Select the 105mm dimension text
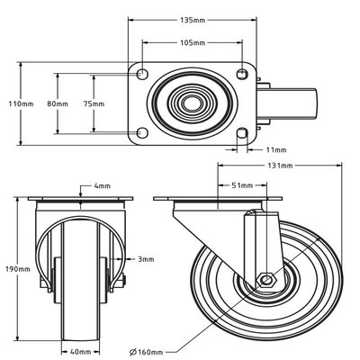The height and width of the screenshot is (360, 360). [191, 42]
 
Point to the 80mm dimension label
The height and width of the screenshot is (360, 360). [57, 104]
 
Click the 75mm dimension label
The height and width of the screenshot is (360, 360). [93, 104]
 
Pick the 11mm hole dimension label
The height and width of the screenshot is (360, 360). [276, 149]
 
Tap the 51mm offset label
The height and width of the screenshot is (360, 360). [241, 186]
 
